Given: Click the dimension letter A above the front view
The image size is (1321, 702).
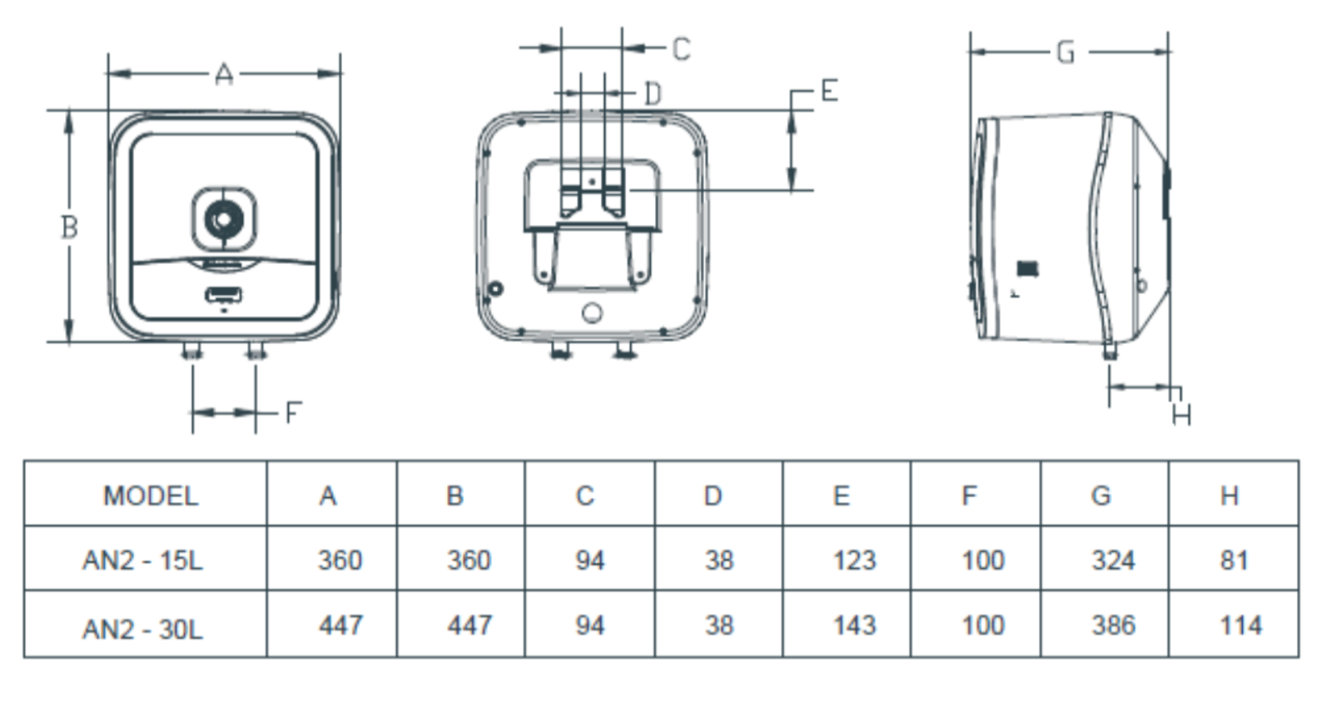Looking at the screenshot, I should click(223, 76).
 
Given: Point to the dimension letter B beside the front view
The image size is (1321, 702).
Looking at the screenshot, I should click(70, 227).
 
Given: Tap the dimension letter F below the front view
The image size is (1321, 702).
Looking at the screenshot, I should click(292, 412).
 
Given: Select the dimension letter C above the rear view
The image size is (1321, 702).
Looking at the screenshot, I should click(681, 49).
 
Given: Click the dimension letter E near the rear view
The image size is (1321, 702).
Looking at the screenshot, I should click(829, 91).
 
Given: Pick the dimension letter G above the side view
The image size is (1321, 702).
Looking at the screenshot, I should click(1066, 53).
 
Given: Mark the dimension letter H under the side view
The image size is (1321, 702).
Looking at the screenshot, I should click(1181, 414).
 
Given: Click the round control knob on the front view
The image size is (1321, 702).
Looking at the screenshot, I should click(224, 220).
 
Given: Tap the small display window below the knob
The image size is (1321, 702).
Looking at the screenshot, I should click(224, 295).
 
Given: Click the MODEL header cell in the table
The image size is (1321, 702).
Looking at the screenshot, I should click(151, 496).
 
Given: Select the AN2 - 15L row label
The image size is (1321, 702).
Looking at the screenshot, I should click(142, 560).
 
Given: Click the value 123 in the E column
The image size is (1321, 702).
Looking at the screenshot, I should click(854, 560).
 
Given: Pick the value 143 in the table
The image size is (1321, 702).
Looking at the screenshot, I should click(854, 625).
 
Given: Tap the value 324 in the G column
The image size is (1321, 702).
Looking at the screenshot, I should click(1113, 560).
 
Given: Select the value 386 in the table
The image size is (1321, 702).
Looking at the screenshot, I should click(1113, 625).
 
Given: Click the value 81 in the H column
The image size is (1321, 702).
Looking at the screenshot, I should click(1234, 560).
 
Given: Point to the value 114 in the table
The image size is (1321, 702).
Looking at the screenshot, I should click(1240, 625).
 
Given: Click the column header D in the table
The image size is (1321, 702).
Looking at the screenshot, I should click(713, 496).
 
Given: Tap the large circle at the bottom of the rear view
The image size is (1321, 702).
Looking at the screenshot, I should click(592, 313).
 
